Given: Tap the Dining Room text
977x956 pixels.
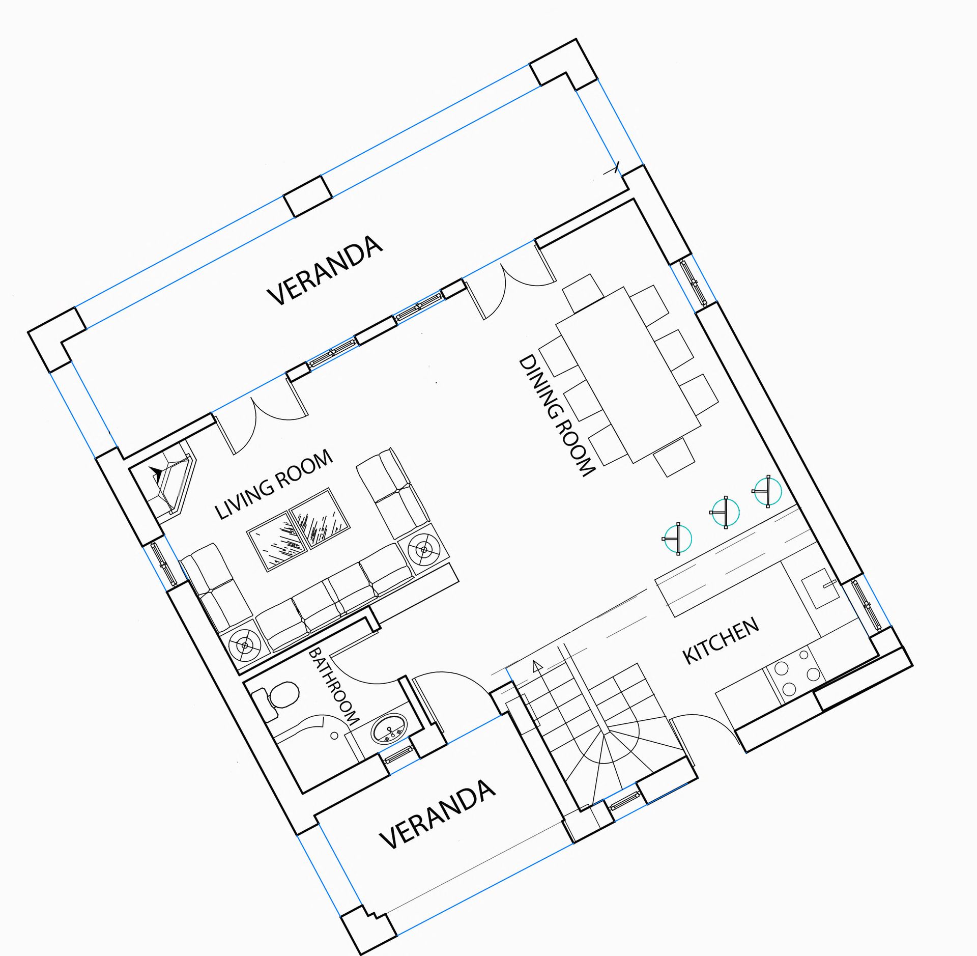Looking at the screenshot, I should click(x=556, y=416).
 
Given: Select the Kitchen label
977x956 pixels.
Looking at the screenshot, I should click(x=721, y=641).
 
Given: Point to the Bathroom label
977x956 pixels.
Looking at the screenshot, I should click(x=334, y=686).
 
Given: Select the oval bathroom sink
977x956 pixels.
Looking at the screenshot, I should click(x=390, y=727).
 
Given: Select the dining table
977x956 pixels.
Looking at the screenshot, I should click(x=628, y=374).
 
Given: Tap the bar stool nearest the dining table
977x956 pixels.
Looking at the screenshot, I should click(x=767, y=491).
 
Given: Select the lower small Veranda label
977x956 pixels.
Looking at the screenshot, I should click(x=438, y=815).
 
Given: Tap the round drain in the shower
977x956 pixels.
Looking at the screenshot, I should click(x=334, y=735).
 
